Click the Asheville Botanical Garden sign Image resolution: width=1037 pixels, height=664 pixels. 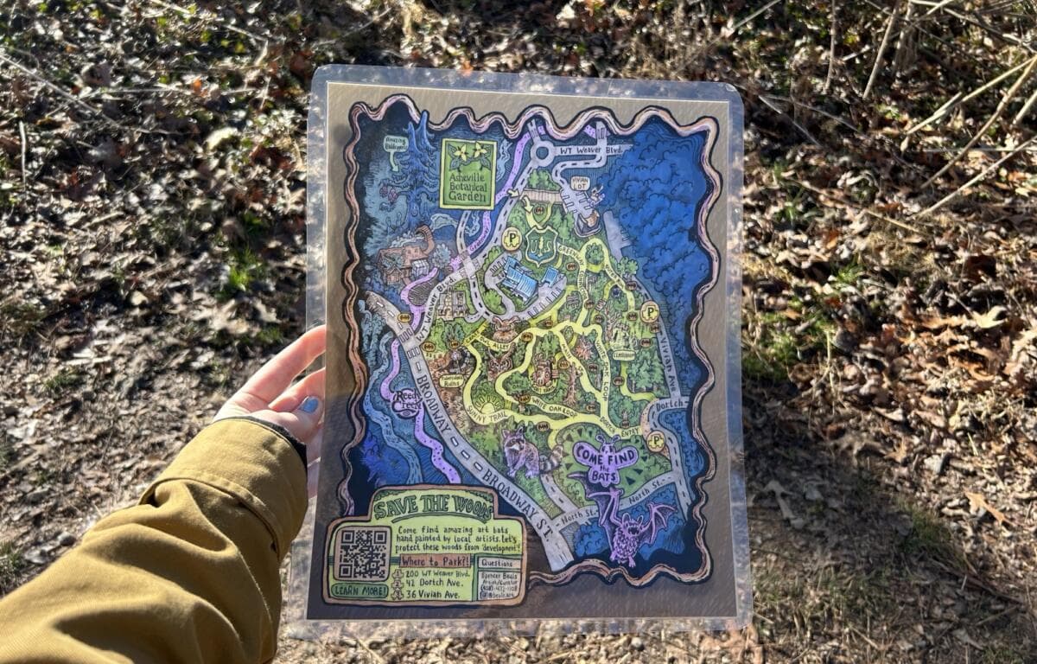[x=468, y=173]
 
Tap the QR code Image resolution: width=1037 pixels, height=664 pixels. [x=363, y=552]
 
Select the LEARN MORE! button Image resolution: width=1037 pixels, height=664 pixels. [x=360, y=591]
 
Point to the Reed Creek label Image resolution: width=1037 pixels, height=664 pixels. [x=406, y=402]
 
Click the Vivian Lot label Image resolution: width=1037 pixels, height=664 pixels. [x=579, y=182]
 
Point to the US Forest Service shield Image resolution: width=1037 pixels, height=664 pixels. [x=541, y=245]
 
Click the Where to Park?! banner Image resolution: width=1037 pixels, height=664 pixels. [x=434, y=561]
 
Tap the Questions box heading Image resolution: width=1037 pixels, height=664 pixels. [x=499, y=562]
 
